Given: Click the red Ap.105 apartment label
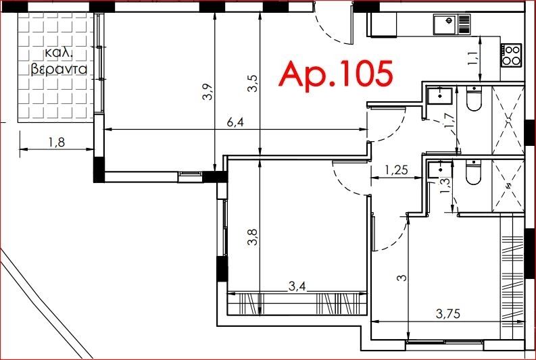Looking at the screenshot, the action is tap(336, 74).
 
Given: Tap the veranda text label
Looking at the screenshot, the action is tap(59, 62).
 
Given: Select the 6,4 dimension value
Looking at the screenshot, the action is tap(235, 123).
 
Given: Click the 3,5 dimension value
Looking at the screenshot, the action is tap(253, 84).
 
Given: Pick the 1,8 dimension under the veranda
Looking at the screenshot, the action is tap(57, 142).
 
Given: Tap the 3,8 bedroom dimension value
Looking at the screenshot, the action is tap(253, 237).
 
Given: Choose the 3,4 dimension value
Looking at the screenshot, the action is tap(297, 286).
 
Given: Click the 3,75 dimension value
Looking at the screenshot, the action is tap(448, 313).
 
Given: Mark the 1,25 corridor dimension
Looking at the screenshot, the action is tap(396, 170).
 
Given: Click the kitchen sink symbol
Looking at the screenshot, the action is tap(452, 24).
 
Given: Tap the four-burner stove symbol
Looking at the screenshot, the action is tap(512, 55).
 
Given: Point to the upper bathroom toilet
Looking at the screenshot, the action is tap(474, 99).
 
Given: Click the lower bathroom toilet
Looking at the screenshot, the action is tap(474, 172).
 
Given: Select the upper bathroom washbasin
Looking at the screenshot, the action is tap(440, 96).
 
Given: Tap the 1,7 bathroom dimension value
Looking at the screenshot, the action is tap(450, 120).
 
